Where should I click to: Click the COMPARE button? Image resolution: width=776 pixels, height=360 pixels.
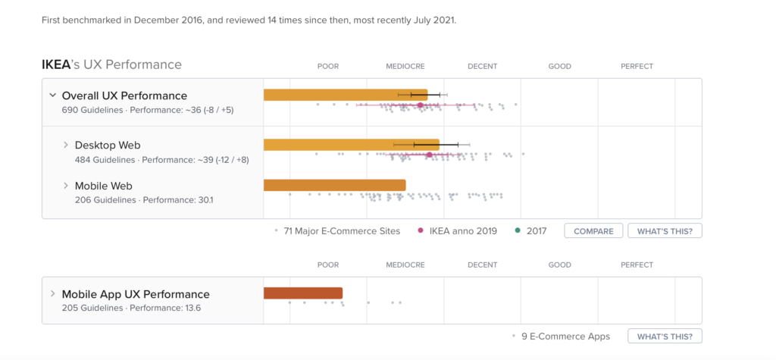(x=593, y=230)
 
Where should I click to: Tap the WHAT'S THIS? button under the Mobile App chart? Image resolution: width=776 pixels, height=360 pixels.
(x=665, y=336)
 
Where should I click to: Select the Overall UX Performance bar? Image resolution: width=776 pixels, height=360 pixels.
(x=345, y=95)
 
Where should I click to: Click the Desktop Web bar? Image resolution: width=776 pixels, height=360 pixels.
(x=351, y=144)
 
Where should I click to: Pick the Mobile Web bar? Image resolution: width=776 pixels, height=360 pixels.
(x=334, y=185)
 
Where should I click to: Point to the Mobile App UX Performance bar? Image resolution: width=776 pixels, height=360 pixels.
(x=302, y=293)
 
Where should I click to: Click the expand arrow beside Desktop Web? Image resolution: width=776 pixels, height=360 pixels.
(x=66, y=145)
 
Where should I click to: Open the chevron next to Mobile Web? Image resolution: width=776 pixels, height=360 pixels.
(x=66, y=186)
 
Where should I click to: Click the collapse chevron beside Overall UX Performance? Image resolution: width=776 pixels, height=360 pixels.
(x=52, y=95)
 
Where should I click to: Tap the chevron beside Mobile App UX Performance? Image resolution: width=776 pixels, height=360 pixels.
(x=52, y=294)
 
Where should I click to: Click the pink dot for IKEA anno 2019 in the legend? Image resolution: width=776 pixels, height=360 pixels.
(x=421, y=230)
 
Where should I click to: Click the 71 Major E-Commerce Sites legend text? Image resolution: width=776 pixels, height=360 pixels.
(x=342, y=230)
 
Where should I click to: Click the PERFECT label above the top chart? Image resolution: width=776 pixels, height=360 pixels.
(x=637, y=67)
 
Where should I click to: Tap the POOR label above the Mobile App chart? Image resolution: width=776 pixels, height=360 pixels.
(x=328, y=265)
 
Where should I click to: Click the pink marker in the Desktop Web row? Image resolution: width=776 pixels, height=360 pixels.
(x=430, y=155)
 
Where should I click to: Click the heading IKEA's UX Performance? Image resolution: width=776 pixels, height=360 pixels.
(x=111, y=64)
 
